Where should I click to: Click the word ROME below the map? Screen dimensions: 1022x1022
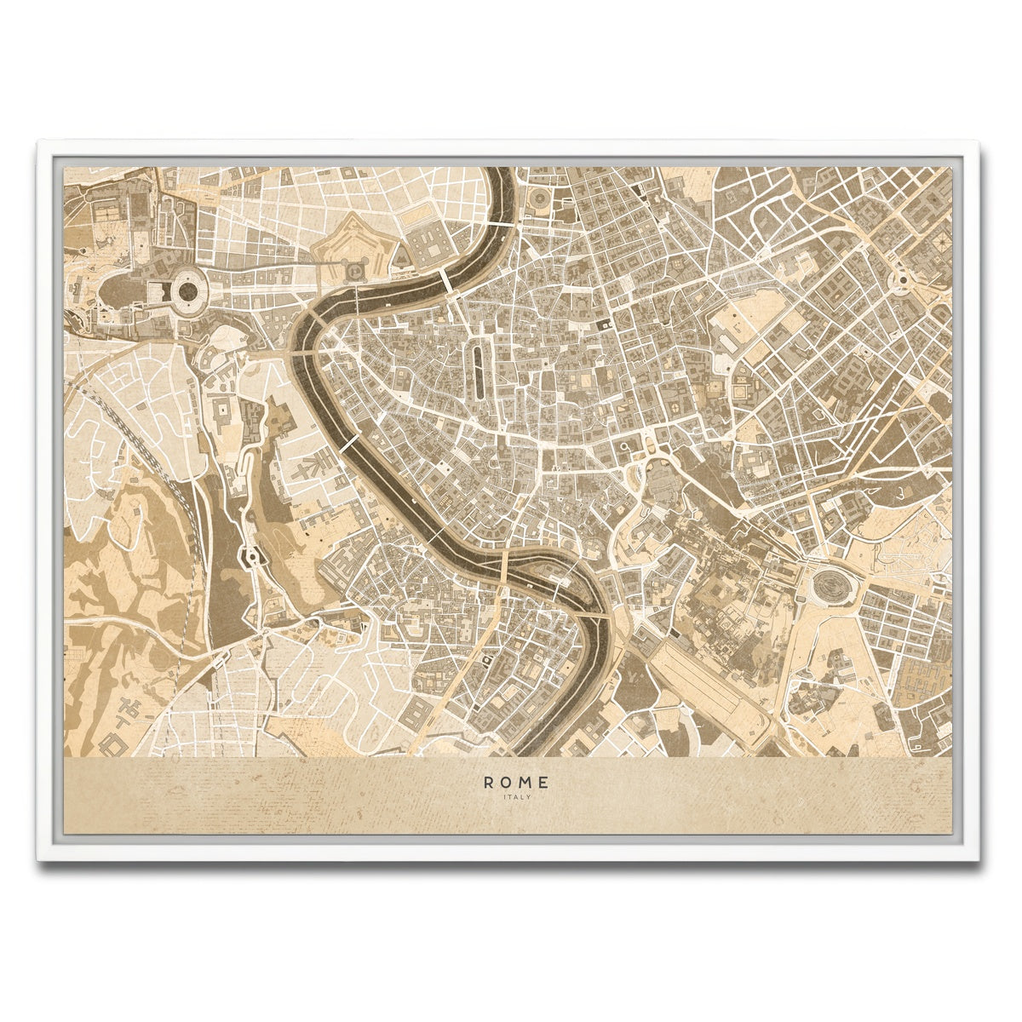point(516,781)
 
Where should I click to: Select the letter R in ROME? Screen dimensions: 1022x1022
point(488,781)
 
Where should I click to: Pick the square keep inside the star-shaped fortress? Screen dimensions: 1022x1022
point(352,269)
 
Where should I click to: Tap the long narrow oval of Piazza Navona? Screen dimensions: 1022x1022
point(478,370)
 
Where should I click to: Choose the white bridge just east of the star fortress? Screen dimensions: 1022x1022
point(446,281)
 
